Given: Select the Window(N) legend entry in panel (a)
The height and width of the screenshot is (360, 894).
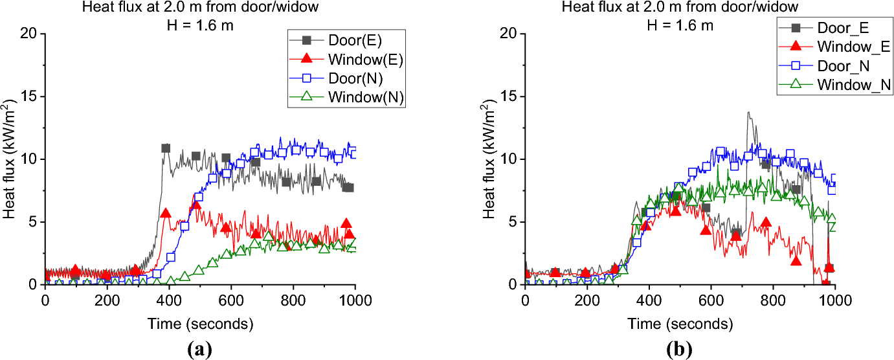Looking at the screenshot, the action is click(346, 97).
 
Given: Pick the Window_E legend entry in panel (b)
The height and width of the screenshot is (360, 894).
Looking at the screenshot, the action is click(835, 47).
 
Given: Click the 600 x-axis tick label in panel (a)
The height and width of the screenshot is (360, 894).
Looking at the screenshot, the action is click(231, 300).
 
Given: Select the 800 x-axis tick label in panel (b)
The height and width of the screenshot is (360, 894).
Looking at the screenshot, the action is click(773, 300).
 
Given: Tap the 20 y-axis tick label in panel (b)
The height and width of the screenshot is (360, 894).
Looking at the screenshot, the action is click(508, 34).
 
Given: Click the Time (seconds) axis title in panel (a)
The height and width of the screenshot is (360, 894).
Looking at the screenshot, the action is click(200, 324).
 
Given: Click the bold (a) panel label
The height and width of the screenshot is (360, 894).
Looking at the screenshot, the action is click(199, 349).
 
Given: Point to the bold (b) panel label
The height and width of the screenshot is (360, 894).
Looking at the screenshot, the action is click(679, 349).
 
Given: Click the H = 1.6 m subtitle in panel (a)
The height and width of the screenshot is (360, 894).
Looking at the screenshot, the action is click(200, 25).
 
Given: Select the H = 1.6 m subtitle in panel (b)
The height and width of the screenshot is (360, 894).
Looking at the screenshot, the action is click(680, 25).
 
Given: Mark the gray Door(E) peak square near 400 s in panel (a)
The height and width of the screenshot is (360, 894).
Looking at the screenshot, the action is click(166, 148).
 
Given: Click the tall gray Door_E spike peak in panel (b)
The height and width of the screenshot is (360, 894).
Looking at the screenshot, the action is click(749, 112).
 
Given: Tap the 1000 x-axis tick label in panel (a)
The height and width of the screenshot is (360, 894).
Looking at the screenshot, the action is click(355, 300).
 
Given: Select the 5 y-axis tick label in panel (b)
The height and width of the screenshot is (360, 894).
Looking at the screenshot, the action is click(513, 222).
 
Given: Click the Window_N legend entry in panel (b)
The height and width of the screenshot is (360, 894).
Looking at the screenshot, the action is click(835, 85).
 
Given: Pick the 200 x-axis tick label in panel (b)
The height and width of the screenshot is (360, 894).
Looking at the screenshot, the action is click(587, 300).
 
